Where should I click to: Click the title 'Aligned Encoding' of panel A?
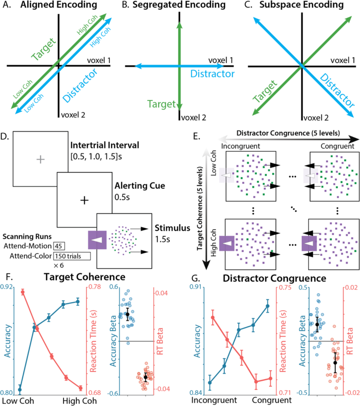(59, 5)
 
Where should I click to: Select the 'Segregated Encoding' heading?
(179, 5)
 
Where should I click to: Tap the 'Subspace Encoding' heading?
(301, 5)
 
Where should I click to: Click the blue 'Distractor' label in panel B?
(212, 74)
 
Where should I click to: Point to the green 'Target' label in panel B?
(161, 104)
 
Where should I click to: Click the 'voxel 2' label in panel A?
(73, 115)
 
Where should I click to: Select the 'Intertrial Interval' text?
(105, 145)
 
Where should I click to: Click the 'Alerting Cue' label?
(140, 186)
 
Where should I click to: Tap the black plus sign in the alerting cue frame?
(84, 200)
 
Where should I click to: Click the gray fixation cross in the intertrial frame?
(40, 159)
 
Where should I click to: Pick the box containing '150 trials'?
(72, 256)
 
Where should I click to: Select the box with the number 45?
(59, 246)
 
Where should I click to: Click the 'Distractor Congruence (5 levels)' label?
(288, 133)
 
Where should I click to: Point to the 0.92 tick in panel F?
(6, 287)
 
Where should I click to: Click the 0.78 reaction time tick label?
(95, 287)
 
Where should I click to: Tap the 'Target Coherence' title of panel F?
(84, 277)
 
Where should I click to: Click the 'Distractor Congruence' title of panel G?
(274, 278)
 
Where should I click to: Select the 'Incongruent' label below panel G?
(214, 400)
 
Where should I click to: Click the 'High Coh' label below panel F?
(79, 401)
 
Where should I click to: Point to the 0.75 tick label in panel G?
(285, 288)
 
